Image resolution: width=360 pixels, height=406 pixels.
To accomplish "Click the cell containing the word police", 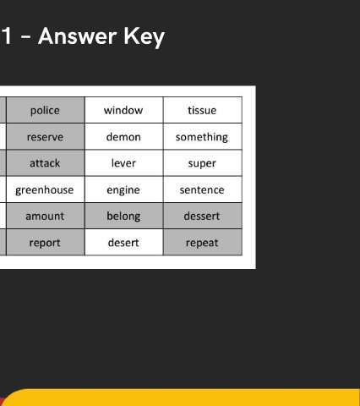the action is click(x=46, y=110).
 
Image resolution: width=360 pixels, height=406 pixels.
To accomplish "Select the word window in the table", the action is click(x=123, y=110).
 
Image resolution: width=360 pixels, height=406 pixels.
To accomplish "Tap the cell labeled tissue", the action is click(x=203, y=110).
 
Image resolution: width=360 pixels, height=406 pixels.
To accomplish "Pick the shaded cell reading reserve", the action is click(x=46, y=136).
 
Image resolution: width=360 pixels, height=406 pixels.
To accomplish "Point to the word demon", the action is click(x=123, y=137).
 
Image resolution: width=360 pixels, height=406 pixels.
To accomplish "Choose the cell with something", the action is click(x=203, y=136).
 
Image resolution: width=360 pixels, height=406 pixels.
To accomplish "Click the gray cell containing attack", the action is click(x=46, y=163).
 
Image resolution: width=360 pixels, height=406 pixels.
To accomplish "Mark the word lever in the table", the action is click(x=123, y=163).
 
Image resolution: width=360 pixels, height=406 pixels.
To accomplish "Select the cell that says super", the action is click(x=203, y=163).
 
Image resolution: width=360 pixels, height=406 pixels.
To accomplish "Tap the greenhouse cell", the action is click(x=46, y=189).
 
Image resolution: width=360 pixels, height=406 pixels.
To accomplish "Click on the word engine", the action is click(x=123, y=190).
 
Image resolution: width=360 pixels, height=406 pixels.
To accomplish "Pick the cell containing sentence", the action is click(x=203, y=189).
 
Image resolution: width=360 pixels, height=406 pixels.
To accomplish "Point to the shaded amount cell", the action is click(x=46, y=216).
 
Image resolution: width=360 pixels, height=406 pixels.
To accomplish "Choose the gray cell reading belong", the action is click(x=124, y=216).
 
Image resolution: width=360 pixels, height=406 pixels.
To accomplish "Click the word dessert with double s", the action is click(x=202, y=217).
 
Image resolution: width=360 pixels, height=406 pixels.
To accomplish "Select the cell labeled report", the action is click(x=46, y=242).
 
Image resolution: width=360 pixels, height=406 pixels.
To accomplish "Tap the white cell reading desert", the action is click(x=124, y=242).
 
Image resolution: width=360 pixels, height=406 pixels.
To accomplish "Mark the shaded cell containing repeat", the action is click(x=203, y=242).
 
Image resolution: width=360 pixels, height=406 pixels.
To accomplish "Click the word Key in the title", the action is click(x=145, y=37).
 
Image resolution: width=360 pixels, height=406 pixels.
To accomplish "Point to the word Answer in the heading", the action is click(x=78, y=36).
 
